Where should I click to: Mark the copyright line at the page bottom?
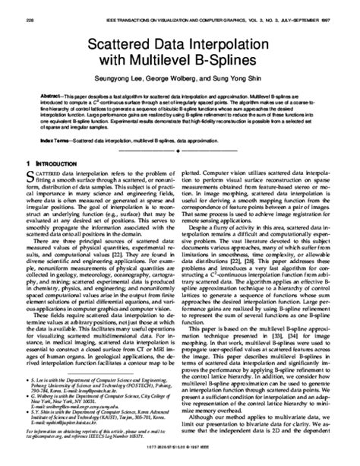[x=180, y=458]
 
